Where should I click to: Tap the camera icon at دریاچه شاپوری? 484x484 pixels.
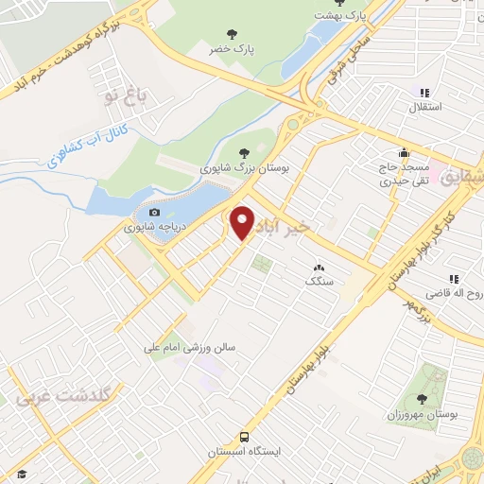[154, 213]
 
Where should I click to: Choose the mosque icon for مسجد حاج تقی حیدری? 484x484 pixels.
[405, 153]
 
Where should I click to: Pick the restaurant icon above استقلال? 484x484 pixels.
[424, 93]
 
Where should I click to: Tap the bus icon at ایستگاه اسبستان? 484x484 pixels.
[244, 438]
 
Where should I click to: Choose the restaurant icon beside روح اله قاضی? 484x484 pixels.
[454, 279]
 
